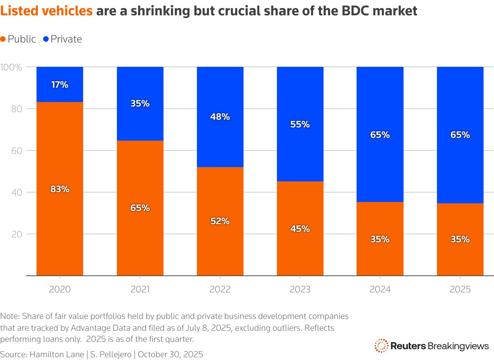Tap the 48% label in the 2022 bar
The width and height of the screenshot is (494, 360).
click(220, 117)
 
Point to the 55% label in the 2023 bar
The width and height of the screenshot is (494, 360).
click(300, 124)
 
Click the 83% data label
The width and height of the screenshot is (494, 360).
click(60, 189)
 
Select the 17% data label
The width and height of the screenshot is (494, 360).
click(60, 85)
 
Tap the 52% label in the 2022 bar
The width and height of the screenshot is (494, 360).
click(220, 221)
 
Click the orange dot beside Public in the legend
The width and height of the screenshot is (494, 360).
click(3, 39)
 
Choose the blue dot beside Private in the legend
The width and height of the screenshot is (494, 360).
click(46, 39)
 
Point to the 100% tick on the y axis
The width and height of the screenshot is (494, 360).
click(11, 67)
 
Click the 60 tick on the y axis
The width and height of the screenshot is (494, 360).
click(17, 151)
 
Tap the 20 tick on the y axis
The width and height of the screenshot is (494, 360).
click(17, 234)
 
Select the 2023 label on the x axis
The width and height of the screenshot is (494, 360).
click(300, 289)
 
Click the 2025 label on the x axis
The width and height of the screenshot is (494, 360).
click(460, 289)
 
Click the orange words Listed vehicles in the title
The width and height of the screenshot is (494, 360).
click(46, 11)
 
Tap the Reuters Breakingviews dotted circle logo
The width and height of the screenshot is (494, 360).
click(381, 346)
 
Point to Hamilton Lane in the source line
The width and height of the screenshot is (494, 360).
click(57, 354)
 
